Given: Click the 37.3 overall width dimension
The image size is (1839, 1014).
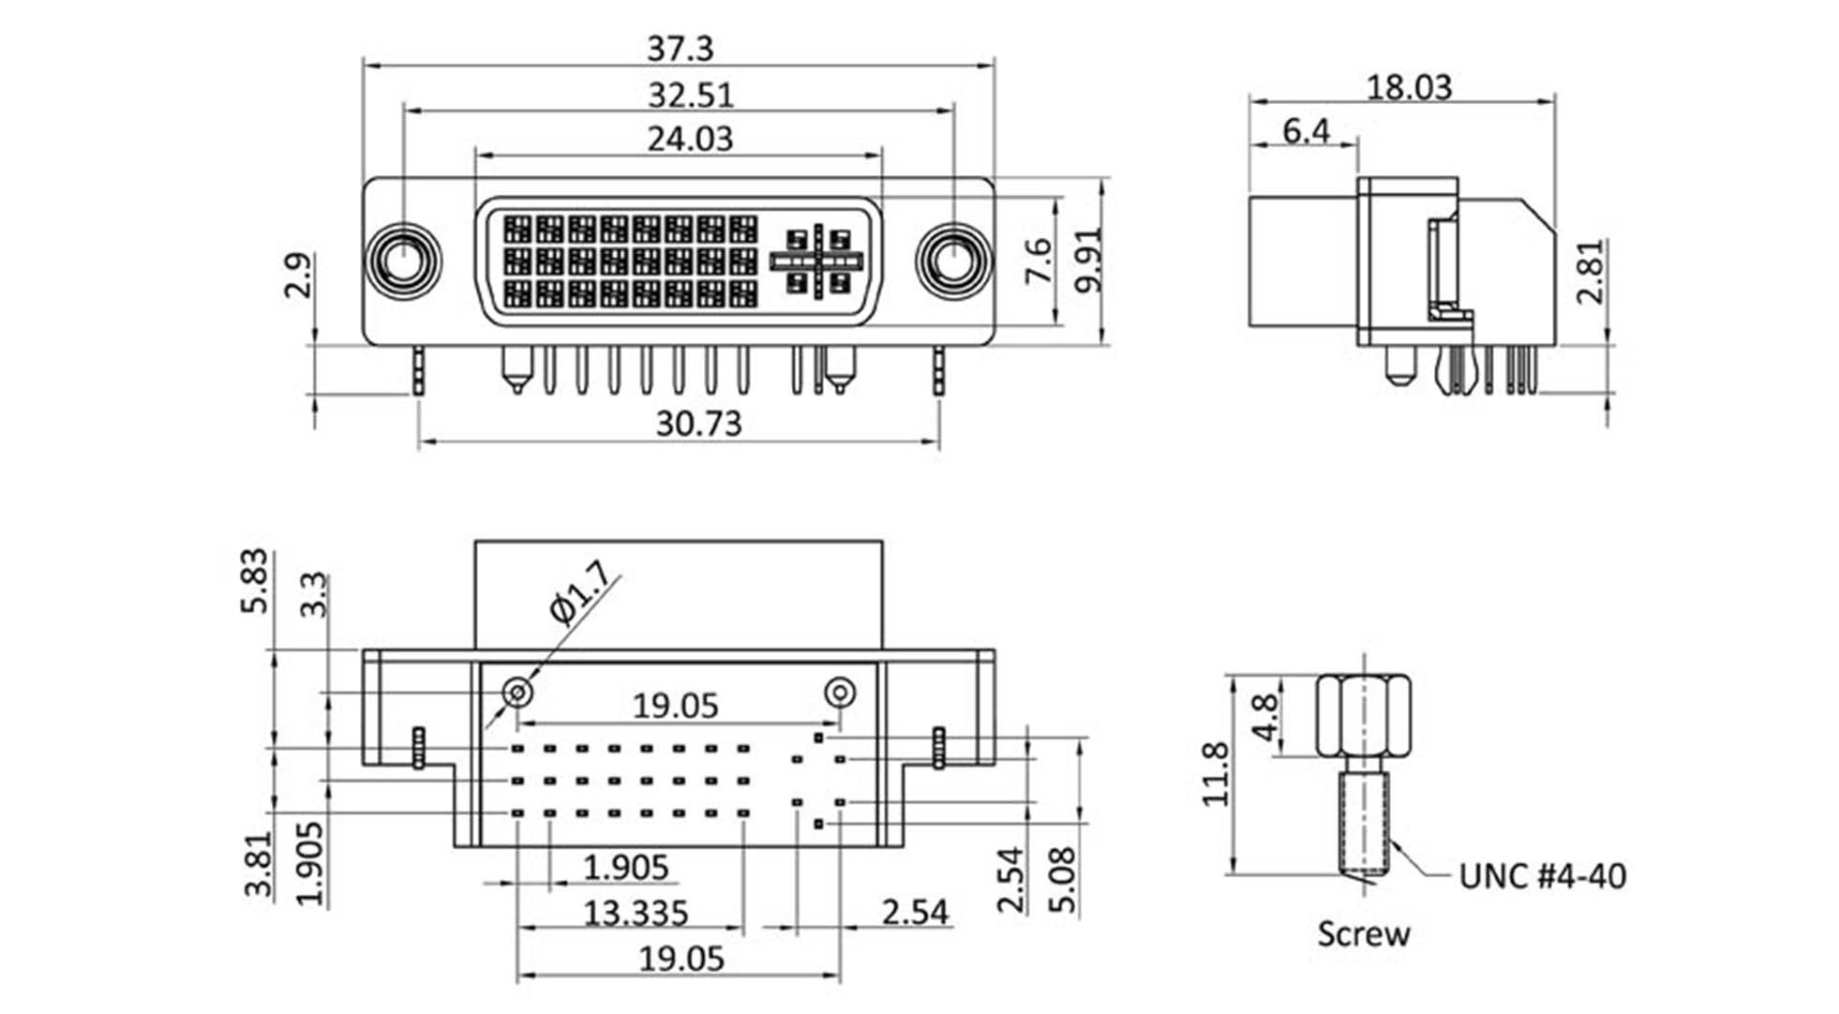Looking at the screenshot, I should (680, 48).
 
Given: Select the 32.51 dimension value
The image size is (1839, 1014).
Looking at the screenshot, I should (691, 96).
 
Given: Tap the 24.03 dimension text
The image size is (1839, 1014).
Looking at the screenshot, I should (690, 139).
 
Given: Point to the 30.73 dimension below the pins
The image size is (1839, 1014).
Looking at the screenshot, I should (698, 424).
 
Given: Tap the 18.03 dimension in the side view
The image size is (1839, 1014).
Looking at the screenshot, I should (1408, 87).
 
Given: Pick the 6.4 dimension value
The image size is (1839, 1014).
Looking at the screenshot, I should (1306, 130).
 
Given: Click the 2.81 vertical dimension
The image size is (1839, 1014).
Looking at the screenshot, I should (1591, 271).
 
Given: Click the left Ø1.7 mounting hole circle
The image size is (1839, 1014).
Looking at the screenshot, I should (517, 693).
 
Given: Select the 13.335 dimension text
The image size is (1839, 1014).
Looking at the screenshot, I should (635, 912).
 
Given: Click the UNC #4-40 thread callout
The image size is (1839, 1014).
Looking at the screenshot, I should (1542, 876).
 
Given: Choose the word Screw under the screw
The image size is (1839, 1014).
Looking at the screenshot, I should (1363, 933).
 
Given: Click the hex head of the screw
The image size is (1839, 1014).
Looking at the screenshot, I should (1363, 716).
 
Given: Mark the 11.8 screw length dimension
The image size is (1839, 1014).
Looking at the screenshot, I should (1216, 774).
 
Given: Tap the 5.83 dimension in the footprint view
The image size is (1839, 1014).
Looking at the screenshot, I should (255, 581).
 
